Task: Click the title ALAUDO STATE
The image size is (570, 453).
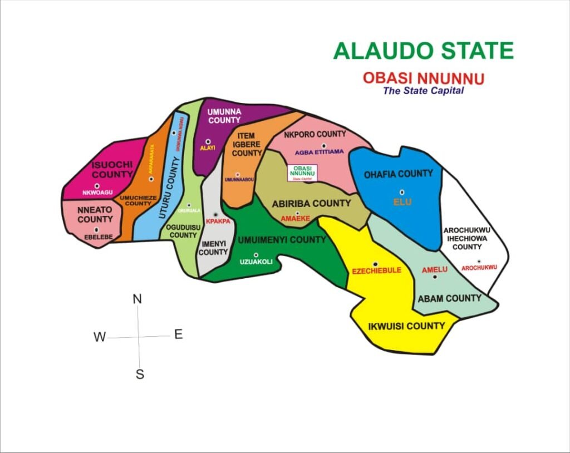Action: click(423, 51)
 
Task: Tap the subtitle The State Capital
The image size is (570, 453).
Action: click(423, 91)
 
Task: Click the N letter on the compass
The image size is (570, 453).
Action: click(137, 299)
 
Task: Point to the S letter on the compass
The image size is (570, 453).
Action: click(140, 375)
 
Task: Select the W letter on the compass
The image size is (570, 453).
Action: click(100, 337)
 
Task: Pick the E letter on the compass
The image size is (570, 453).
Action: click(179, 334)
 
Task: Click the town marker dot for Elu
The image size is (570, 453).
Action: click(402, 193)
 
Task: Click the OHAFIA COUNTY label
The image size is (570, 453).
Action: click(398, 174)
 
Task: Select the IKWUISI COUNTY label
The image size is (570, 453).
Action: click(407, 326)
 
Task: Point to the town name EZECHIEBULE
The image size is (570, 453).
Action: click(377, 271)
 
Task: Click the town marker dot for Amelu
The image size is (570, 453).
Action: click(435, 277)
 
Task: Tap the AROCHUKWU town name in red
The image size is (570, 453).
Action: click(479, 268)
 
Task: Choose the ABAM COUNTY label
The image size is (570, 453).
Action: click(449, 298)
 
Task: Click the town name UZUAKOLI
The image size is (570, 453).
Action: click(256, 262)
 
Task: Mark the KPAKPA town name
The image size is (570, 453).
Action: click(218, 221)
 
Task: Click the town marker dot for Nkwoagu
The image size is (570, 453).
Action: click(97, 186)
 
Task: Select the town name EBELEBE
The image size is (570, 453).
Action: click(98, 237)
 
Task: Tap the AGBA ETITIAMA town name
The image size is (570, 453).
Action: click(320, 152)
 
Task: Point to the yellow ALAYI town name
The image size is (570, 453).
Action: click(207, 149)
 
